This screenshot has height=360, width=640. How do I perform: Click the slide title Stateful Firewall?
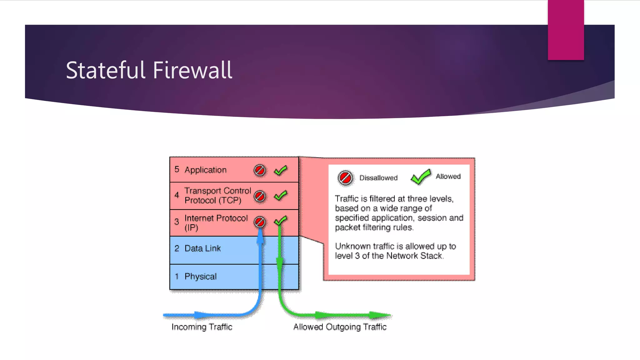pos(149,70)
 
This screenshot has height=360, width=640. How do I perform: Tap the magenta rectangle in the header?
pos(566,30)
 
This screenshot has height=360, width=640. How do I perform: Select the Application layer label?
pos(205,170)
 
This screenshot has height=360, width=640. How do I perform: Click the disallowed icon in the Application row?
pos(260,170)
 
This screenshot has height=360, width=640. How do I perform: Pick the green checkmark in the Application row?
pos(281,170)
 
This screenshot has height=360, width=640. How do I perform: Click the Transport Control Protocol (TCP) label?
pos(217,195)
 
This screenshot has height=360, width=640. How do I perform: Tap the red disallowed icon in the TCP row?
pos(260,196)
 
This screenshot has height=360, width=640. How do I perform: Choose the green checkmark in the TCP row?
pos(281,196)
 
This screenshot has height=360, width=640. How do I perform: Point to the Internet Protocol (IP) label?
pos(216,222)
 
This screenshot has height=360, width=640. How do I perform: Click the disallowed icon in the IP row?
pos(260,222)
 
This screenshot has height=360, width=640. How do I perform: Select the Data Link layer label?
pos(202,248)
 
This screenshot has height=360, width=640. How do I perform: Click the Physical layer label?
pos(200,277)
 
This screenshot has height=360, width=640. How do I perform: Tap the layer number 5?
pos(177,169)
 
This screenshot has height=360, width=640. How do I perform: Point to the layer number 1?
pos(177,277)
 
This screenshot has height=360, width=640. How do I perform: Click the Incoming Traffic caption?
pos(202,327)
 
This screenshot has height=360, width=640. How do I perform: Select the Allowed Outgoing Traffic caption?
pos(340,327)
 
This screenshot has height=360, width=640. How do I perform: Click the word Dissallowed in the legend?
pos(378,178)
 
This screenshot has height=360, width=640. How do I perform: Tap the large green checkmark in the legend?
pos(421,177)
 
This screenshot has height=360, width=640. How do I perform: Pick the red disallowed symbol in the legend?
pos(345,178)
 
